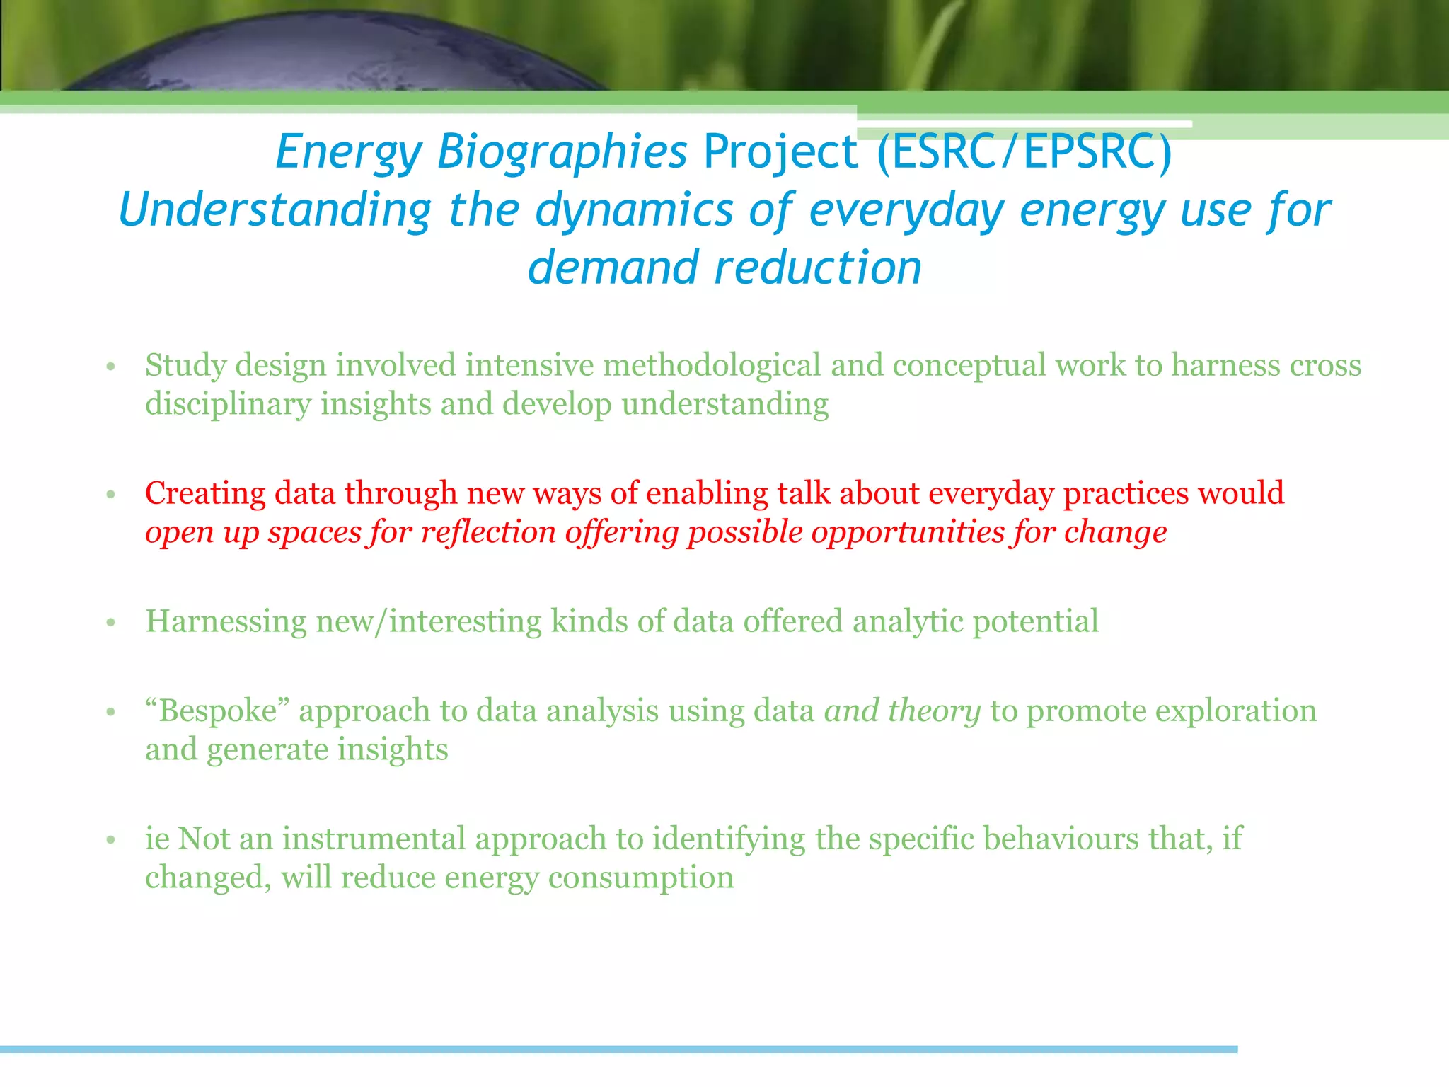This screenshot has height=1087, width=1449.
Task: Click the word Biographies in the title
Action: click(562, 152)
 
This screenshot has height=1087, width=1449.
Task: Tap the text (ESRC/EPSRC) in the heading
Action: click(1024, 152)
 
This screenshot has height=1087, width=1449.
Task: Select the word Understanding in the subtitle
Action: click(275, 210)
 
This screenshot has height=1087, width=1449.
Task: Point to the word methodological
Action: click(712, 366)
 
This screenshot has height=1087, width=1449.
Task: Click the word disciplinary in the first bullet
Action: click(228, 405)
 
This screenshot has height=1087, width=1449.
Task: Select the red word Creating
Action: click(205, 493)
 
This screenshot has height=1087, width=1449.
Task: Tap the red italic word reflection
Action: click(488, 532)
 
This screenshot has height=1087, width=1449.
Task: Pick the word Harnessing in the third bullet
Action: click(226, 622)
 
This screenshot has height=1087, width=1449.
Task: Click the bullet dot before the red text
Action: click(110, 495)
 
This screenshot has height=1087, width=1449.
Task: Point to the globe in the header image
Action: click(340, 53)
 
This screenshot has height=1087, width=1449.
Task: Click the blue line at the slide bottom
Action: click(619, 1049)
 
